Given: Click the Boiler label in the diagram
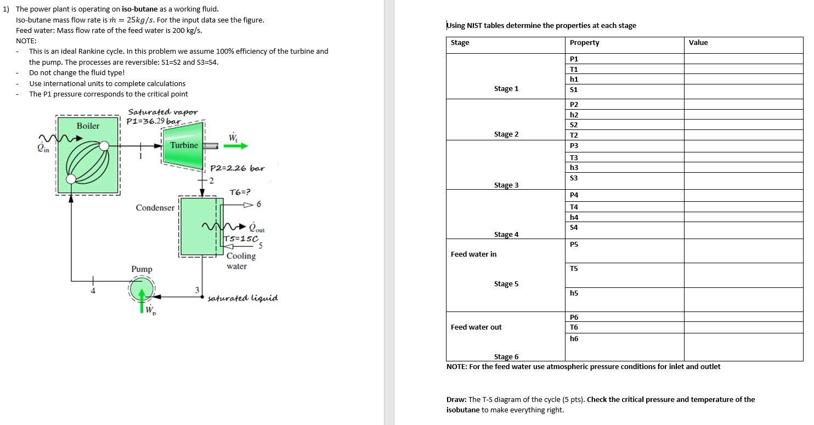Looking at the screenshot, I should tap(88, 126).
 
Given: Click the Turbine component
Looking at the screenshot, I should tap(184, 145).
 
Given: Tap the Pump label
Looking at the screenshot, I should tap(142, 269).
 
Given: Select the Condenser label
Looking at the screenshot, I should tap(155, 208).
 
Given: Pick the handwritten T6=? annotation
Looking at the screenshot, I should tap(240, 192).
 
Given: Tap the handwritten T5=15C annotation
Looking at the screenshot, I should tap(241, 239).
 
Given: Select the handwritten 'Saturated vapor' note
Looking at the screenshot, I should tap(163, 112).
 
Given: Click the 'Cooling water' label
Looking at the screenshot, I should tap(241, 261).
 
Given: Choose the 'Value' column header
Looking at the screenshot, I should tap(698, 43).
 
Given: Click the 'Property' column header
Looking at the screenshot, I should tap(584, 43).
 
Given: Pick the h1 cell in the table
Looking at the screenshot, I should tap(574, 79).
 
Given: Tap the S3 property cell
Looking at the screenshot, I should tap(574, 178).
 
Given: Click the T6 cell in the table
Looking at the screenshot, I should tap(574, 327).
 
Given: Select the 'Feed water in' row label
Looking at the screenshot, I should tap(473, 254).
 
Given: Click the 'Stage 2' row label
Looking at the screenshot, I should tap(506, 134).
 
